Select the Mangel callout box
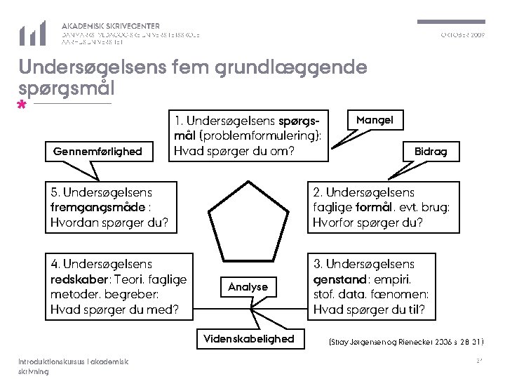pyautogui.click(x=375, y=120)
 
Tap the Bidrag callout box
pyautogui.click(x=431, y=151)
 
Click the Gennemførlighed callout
pyautogui.click(x=97, y=151)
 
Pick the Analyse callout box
pyautogui.click(x=248, y=286)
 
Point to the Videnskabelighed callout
pyautogui.click(x=248, y=339)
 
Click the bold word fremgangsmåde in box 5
pyautogui.click(x=91, y=208)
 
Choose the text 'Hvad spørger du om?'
pyautogui.click(x=234, y=151)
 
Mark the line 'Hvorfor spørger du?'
pyautogui.click(x=368, y=223)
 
